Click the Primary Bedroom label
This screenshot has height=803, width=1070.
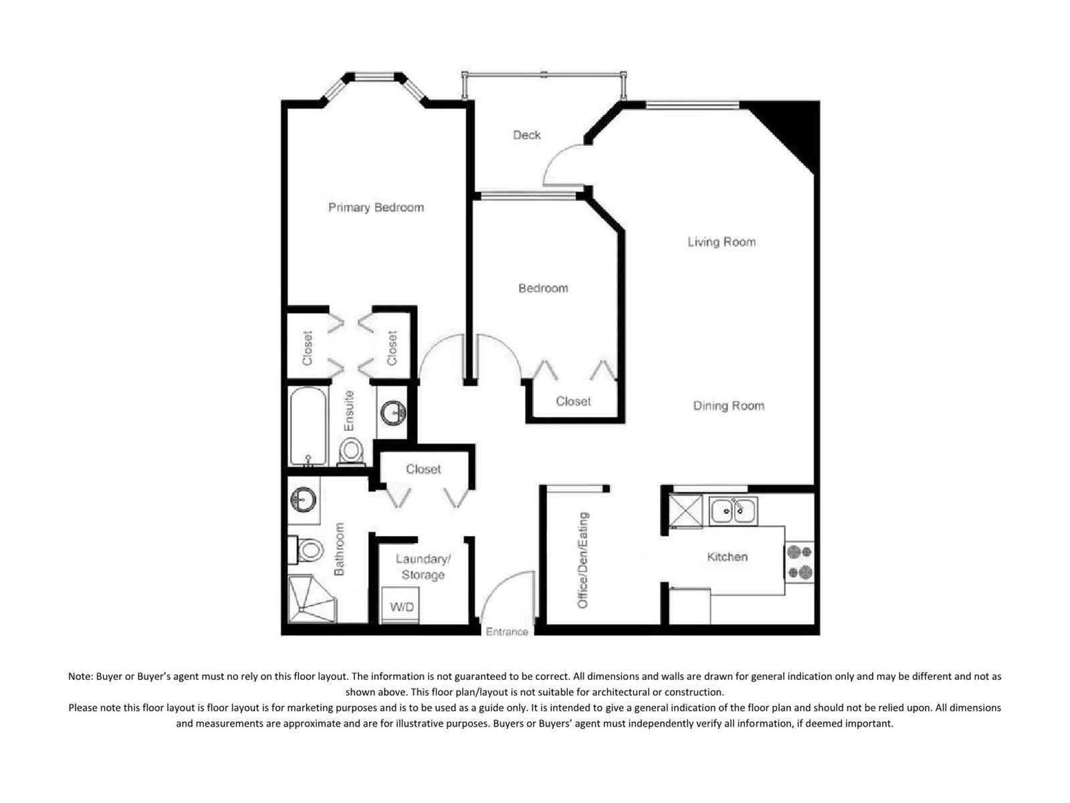click(376, 207)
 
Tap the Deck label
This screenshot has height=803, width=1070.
click(526, 135)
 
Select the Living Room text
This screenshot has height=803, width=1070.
click(722, 242)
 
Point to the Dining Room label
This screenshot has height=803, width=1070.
click(728, 406)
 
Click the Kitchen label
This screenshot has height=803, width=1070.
click(728, 557)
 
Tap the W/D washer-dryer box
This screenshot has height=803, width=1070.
click(401, 604)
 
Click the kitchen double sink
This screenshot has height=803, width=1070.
click(733, 511)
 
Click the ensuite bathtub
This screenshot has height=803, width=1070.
click(308, 425)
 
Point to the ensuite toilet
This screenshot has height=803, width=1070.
click(351, 452)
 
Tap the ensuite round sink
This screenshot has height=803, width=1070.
click(394, 413)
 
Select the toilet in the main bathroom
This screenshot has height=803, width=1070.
click(306, 550)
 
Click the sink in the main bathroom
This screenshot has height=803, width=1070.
click(303, 499)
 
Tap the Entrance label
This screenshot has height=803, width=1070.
click(507, 632)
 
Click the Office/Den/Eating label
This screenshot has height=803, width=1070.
click(583, 560)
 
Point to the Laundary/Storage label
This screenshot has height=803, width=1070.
click(423, 567)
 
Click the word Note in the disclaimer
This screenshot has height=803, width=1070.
click(79, 677)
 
